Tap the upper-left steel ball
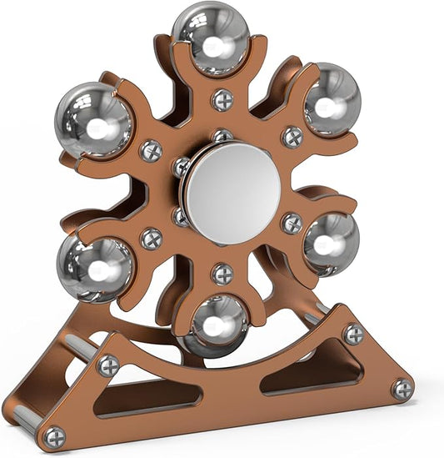(93, 121)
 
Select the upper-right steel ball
(331, 98)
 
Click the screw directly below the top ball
(222, 100)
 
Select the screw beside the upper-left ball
(151, 151)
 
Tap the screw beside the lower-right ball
(292, 223)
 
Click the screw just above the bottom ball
(222, 273)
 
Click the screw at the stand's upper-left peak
(108, 365)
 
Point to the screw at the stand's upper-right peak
(353, 334)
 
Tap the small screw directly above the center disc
(222, 136)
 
